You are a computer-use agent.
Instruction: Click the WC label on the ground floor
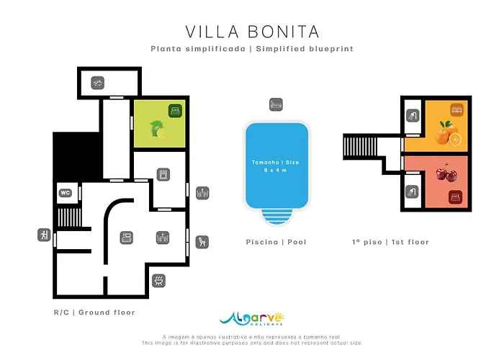click(65, 193)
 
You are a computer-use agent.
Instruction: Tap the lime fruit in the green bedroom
click(157, 130)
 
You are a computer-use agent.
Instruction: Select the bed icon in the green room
click(174, 110)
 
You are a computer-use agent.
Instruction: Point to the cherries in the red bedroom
click(449, 173)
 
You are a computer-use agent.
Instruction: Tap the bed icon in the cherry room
click(455, 196)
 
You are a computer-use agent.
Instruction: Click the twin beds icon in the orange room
click(456, 110)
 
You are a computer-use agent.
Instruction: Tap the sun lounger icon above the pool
click(275, 104)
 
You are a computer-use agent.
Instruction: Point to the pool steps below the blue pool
click(276, 216)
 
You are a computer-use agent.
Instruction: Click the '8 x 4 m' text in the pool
click(276, 171)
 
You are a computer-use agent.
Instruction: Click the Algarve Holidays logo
click(252, 320)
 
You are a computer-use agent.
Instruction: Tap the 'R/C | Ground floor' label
click(94, 312)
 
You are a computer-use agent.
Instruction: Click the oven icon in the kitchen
click(163, 175)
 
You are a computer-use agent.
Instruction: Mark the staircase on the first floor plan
click(358, 146)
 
